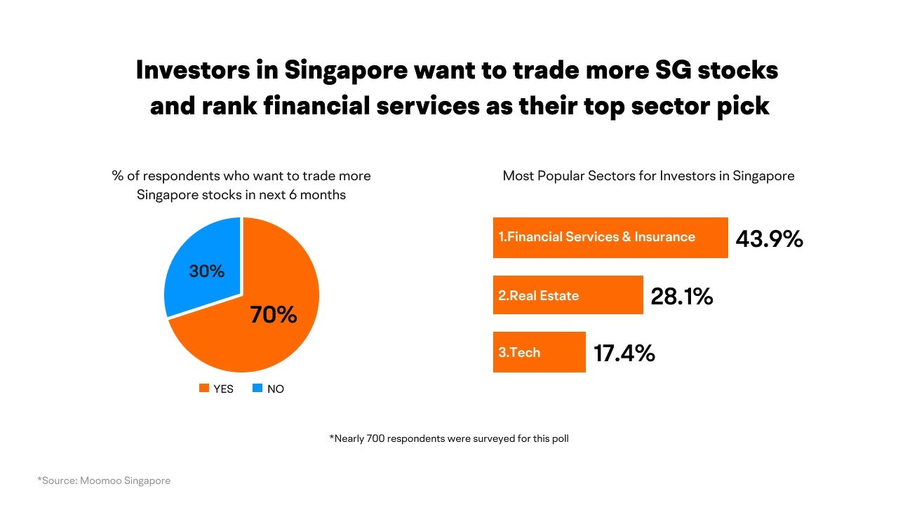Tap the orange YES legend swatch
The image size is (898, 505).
[x=204, y=388]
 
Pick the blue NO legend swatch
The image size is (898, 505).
[x=257, y=388]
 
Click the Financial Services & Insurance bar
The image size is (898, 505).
[x=610, y=237]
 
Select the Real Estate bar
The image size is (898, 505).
[x=568, y=295]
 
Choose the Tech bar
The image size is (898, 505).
[x=539, y=352]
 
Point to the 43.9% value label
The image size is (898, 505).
[x=769, y=238]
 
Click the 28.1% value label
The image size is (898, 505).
[x=681, y=297]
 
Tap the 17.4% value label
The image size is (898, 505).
[x=624, y=353]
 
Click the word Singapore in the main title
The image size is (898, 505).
[x=345, y=71]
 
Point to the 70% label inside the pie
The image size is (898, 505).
[x=274, y=315]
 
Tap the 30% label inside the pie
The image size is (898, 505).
[x=207, y=271]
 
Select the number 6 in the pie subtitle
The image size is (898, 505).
[x=293, y=194]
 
